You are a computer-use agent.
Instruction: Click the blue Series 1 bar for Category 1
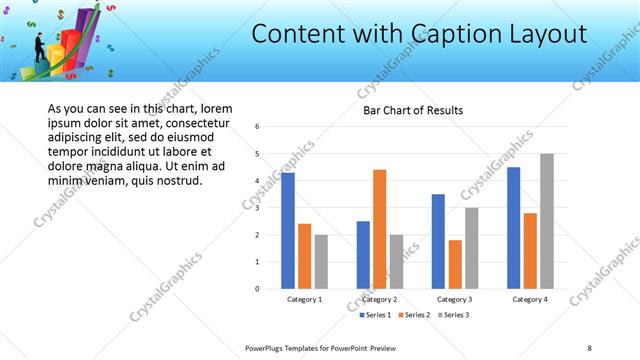[288, 231]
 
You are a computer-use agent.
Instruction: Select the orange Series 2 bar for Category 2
[379, 229]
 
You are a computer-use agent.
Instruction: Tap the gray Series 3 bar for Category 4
[546, 221]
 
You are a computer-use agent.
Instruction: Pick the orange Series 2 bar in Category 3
[455, 264]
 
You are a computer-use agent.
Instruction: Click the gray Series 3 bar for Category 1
[321, 262]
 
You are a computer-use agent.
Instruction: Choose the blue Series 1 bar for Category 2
[363, 255]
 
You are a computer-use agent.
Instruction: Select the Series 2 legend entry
[414, 315]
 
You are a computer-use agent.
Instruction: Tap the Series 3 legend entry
[451, 315]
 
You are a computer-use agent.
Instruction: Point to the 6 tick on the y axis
[258, 127]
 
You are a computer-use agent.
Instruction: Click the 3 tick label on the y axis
[258, 208]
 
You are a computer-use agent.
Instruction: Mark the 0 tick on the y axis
[258, 289]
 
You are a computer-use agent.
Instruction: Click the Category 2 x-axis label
[379, 299]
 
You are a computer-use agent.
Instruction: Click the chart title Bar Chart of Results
[412, 110]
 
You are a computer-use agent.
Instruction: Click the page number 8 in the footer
[589, 347]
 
